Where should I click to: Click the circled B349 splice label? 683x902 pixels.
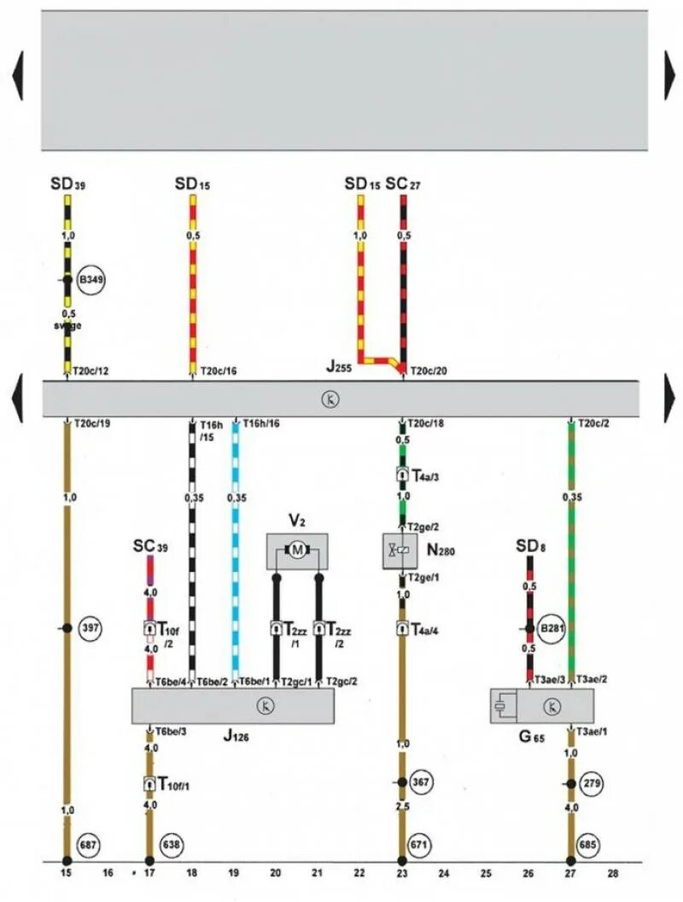90,280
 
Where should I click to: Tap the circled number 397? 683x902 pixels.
90,628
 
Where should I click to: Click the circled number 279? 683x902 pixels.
590,783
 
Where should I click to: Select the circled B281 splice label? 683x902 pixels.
549,628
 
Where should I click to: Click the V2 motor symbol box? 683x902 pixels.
297,551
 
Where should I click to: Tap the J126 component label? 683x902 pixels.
236,735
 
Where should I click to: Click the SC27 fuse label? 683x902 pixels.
403,183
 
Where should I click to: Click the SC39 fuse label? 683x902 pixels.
149,544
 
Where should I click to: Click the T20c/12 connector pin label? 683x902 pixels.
90,371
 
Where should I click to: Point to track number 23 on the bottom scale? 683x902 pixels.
402,874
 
